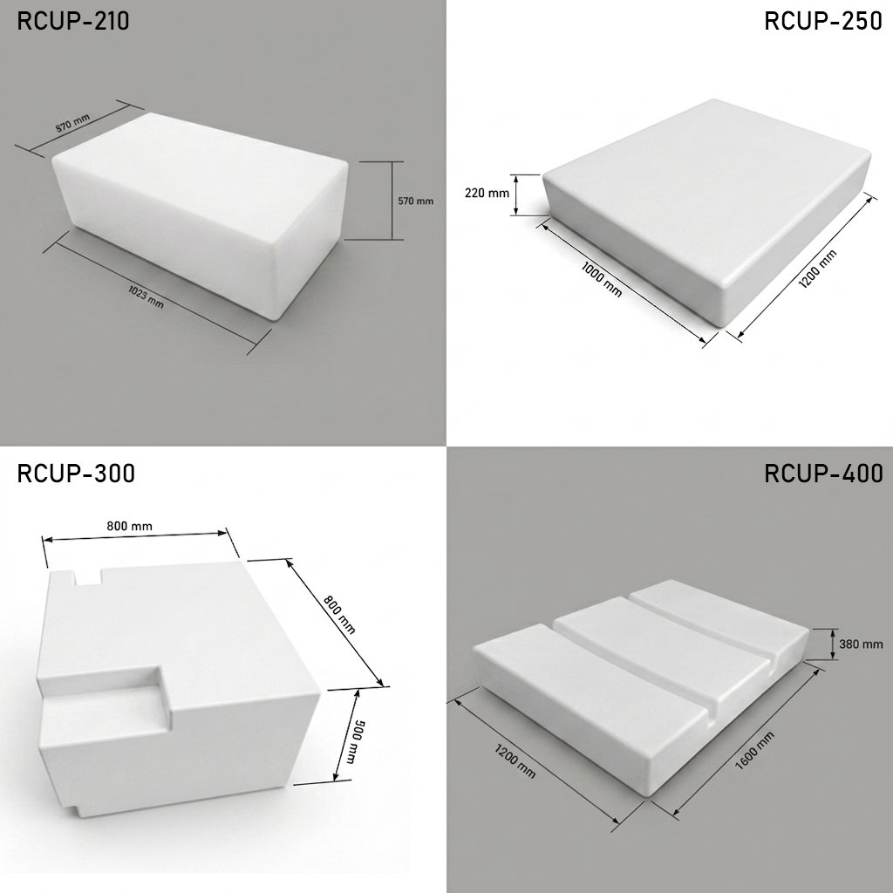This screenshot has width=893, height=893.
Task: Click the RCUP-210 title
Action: coord(73,21)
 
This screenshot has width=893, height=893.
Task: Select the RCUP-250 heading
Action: coord(823,21)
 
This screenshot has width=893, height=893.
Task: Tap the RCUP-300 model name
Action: coord(76,474)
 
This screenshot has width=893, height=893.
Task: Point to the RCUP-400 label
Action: coord(823,474)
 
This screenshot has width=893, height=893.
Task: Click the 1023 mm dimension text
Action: coord(146,298)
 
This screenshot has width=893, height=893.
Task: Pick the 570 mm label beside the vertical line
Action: coord(415,201)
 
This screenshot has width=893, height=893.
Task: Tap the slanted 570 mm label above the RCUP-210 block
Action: coord(72,124)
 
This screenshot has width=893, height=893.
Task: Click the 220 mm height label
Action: coord(487,193)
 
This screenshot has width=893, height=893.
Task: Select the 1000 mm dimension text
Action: coord(602,279)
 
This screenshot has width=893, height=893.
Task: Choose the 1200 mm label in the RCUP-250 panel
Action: coord(817,269)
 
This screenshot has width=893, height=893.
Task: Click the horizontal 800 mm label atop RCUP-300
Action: coord(129,526)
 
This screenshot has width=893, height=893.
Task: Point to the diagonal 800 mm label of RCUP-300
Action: coord(339,615)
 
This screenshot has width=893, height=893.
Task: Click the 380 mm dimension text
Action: coord(861,644)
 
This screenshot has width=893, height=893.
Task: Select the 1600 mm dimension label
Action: coord(754,751)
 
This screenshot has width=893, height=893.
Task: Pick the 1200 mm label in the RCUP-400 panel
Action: coord(515,760)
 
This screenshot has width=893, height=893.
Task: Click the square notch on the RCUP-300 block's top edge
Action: coord(88,576)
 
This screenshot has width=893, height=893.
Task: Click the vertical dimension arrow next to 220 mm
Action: coord(516,194)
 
